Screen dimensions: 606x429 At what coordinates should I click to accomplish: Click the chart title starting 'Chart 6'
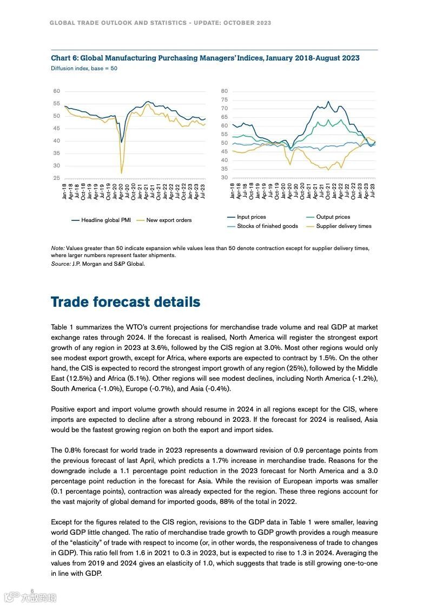(205, 58)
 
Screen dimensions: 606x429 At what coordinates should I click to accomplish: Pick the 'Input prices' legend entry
(251, 217)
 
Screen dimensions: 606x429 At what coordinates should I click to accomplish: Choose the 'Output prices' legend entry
(333, 217)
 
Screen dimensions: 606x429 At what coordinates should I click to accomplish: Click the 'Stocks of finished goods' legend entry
(267, 226)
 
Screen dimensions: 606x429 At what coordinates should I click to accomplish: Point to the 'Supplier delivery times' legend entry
(344, 226)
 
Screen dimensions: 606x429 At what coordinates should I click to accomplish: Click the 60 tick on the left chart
(56, 91)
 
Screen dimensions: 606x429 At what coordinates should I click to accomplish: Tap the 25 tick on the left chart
(56, 178)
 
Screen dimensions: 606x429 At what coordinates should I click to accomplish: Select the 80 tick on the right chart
(225, 91)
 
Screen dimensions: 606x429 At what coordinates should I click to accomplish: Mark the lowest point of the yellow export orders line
(121, 173)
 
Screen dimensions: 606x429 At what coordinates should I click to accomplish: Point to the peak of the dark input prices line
(328, 101)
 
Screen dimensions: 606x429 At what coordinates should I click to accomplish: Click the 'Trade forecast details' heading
(126, 302)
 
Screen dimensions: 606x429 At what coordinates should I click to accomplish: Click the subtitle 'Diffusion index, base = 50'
(84, 69)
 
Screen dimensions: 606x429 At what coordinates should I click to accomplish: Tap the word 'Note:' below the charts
(58, 248)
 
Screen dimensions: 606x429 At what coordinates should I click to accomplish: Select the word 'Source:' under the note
(61, 264)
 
